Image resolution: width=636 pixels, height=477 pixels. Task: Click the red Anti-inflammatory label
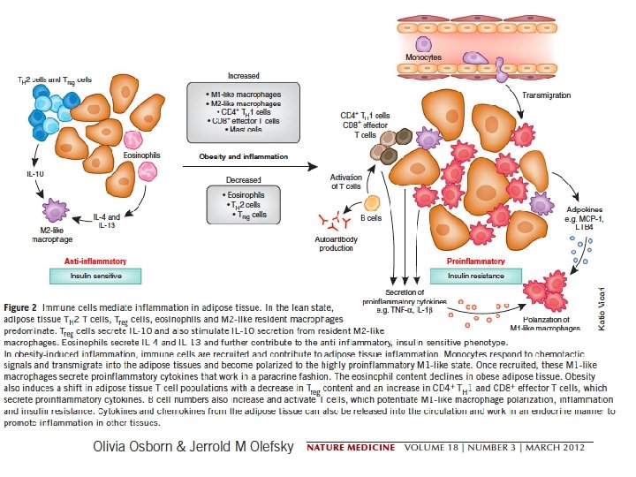[x=95, y=261]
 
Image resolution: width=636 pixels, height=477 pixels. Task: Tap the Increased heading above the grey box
[x=243, y=77]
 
